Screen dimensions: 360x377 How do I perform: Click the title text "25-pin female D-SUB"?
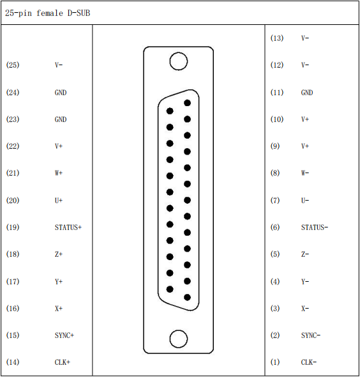point(47,13)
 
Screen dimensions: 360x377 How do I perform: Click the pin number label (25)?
point(13,65)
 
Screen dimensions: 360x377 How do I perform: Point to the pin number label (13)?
point(277,38)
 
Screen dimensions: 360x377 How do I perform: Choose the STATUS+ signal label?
point(68,227)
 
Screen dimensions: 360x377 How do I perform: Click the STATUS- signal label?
point(315,227)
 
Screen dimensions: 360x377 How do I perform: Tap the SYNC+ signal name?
point(64,335)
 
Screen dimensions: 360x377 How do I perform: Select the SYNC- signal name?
point(311,335)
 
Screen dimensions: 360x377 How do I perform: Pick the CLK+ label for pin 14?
point(63,362)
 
